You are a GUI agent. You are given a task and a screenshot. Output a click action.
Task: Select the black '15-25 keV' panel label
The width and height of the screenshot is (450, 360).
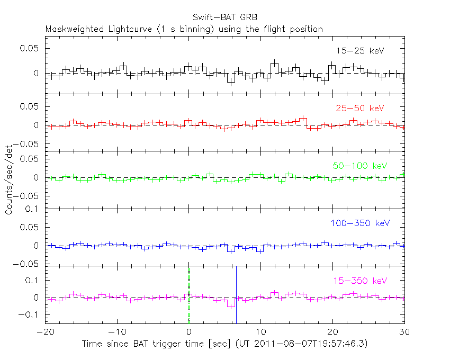[359, 51]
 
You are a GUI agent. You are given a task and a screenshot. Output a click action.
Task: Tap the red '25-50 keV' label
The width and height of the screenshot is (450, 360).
[359, 108]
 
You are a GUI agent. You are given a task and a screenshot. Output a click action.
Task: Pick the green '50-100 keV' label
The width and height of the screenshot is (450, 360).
[360, 166]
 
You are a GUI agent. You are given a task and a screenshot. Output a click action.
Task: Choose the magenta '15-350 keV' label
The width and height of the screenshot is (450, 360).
[359, 280]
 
